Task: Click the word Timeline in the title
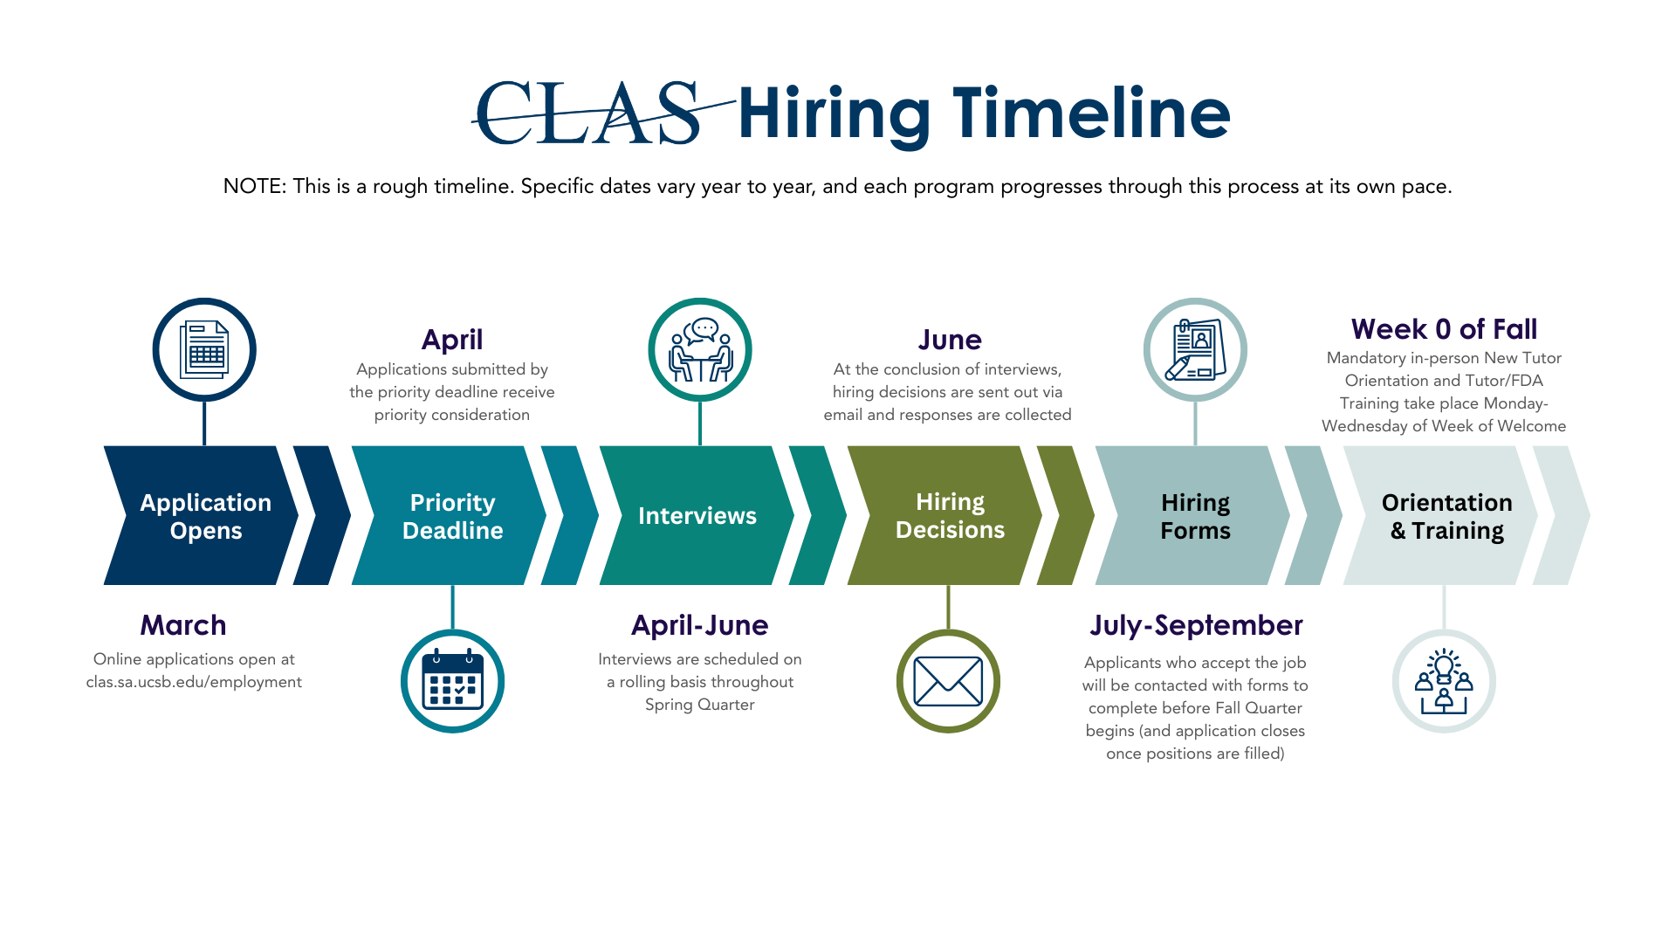[1091, 114]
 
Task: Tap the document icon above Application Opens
[204, 350]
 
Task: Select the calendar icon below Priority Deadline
[452, 681]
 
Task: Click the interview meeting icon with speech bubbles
[700, 350]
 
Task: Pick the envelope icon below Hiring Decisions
[948, 681]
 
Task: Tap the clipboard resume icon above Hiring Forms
[1195, 350]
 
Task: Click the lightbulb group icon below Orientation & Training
[1444, 681]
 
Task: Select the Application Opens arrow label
[206, 516]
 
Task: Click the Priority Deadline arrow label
[452, 516]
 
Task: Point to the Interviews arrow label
[697, 516]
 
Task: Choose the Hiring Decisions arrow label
[950, 515]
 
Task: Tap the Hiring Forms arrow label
[1195, 516]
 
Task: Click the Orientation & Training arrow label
[1446, 516]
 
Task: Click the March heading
[183, 625]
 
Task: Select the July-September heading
[1196, 625]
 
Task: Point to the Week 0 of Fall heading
[1444, 329]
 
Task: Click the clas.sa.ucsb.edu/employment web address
[194, 682]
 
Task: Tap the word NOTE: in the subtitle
[254, 186]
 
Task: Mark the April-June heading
[699, 625]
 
